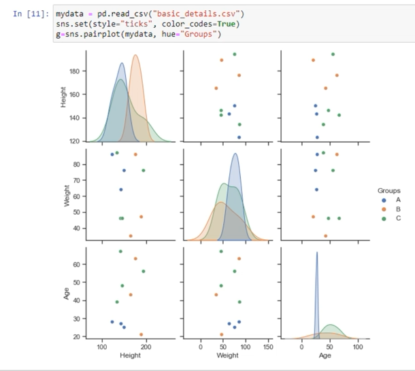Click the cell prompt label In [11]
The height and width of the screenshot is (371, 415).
tap(31, 14)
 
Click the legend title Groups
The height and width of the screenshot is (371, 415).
tap(388, 191)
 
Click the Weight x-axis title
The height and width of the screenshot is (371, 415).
tap(227, 355)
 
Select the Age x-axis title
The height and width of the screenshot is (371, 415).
tap(325, 355)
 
